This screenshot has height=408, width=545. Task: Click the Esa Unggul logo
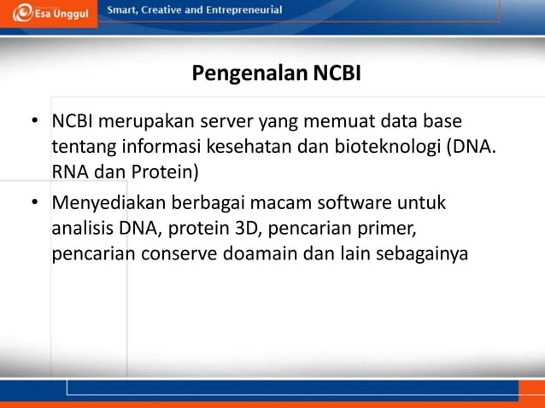[49, 14]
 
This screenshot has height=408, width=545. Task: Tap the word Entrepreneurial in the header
[239, 9]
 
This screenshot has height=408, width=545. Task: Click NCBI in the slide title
[337, 73]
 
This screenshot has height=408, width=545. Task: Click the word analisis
[82, 229]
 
